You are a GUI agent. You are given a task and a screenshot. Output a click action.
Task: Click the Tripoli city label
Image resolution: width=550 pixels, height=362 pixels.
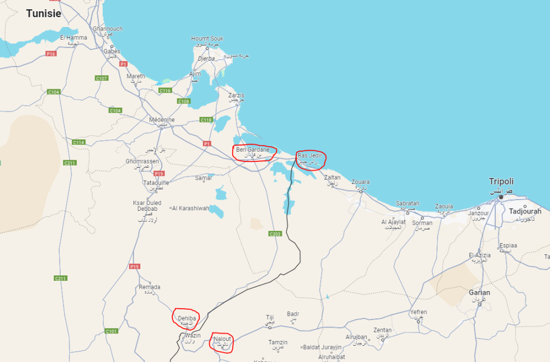click(x=501, y=181)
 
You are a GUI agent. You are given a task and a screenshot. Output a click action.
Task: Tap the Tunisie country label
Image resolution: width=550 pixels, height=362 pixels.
click(x=44, y=13)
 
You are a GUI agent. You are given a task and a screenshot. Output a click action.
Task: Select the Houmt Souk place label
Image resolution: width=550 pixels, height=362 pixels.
click(x=207, y=39)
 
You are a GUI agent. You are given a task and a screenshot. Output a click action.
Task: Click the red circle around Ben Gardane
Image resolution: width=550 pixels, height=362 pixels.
click(x=254, y=152)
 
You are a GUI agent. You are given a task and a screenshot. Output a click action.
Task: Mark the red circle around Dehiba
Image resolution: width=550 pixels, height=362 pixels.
click(x=185, y=318)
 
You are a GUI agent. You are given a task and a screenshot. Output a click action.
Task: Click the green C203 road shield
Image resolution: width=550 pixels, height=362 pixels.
click(x=275, y=234)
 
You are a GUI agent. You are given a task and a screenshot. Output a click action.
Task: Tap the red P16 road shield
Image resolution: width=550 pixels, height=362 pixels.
click(x=51, y=54)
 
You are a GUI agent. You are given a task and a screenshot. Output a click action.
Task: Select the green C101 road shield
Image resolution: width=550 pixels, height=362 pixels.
click(x=111, y=331)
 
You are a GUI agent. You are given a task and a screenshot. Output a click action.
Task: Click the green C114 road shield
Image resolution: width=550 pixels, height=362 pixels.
click(x=79, y=143)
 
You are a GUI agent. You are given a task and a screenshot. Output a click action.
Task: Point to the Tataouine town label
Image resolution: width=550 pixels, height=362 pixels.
click(x=156, y=183)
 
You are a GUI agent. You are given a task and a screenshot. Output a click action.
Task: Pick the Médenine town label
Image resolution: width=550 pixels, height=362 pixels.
click(x=162, y=119)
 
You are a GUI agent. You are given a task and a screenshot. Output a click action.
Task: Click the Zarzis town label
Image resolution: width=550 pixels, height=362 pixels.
click(x=236, y=95)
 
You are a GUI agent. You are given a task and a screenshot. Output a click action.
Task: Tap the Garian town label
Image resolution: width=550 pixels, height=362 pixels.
click(x=479, y=293)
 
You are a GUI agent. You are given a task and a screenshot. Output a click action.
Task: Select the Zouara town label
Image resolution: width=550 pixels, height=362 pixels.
click(x=360, y=182)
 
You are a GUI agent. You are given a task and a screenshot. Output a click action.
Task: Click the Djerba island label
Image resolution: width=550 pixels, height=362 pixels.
click(x=206, y=59)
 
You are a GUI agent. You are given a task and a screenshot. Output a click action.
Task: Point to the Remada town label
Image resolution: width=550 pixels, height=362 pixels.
click(x=149, y=287)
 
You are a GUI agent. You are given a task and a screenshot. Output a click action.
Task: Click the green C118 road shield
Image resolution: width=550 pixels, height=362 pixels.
click(x=206, y=119)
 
